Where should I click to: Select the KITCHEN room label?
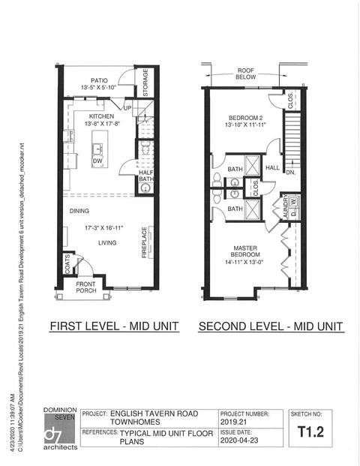[101, 116]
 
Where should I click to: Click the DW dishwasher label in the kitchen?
[97, 161]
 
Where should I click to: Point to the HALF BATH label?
[146, 176]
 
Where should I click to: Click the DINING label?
[80, 211]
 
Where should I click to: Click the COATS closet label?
[67, 265]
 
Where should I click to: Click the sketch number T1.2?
[310, 431]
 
